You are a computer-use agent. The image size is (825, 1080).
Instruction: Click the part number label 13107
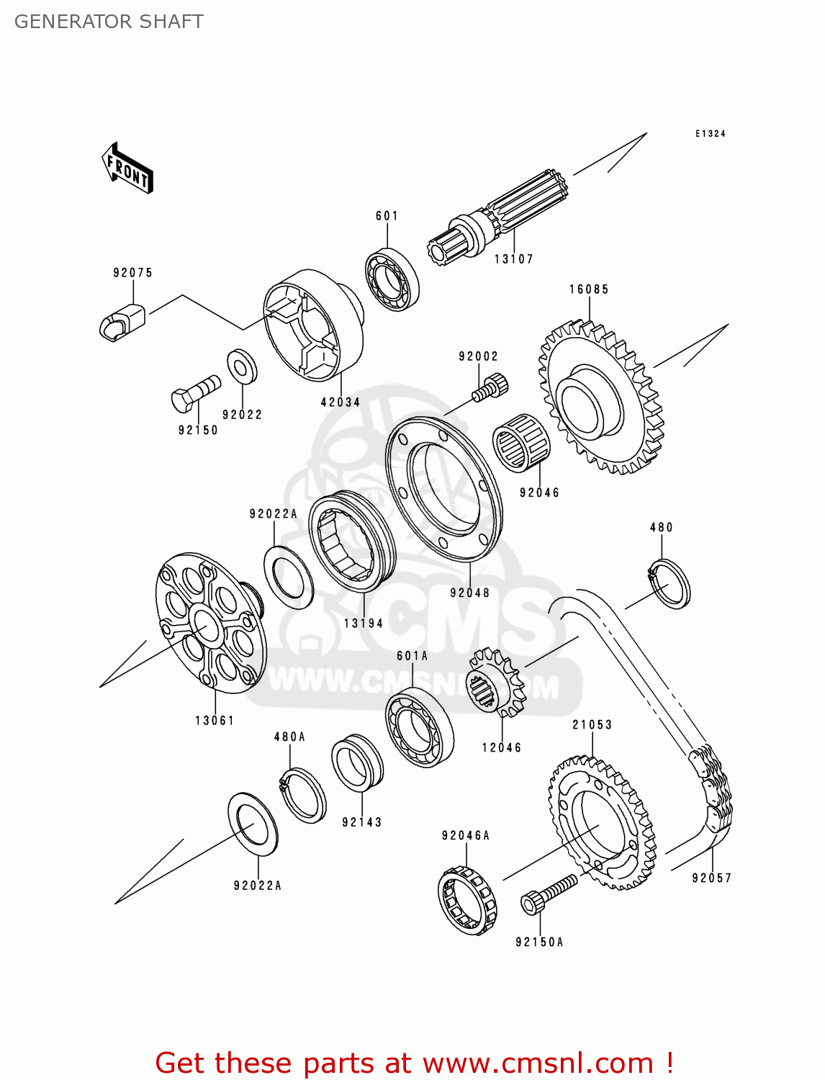pyautogui.click(x=513, y=259)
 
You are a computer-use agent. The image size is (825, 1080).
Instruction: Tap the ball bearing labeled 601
pyautogui.click(x=392, y=279)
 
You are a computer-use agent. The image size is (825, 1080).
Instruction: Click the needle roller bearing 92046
pyautogui.click(x=521, y=443)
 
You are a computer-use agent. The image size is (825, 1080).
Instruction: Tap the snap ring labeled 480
pyautogui.click(x=670, y=583)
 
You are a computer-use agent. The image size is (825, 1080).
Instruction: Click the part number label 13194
pyautogui.click(x=364, y=624)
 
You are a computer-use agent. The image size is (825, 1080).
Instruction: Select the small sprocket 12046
pyautogui.click(x=495, y=682)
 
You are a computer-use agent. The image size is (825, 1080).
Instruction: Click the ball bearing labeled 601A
pyautogui.click(x=420, y=727)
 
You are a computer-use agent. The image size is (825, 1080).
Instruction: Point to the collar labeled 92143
pyautogui.click(x=358, y=762)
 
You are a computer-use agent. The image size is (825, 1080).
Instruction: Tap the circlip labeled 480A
pyautogui.click(x=303, y=795)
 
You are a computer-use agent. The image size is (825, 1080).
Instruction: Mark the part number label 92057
pyautogui.click(x=711, y=878)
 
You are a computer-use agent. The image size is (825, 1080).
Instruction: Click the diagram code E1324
pyautogui.click(x=710, y=134)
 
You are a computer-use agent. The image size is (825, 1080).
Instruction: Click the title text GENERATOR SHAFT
pyautogui.click(x=109, y=22)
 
